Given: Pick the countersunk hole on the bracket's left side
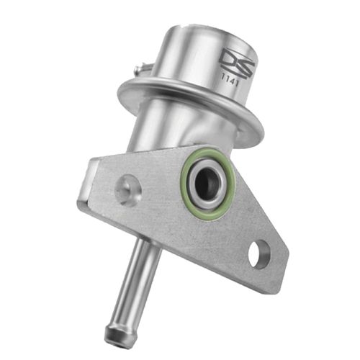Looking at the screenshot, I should click(128, 188).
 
